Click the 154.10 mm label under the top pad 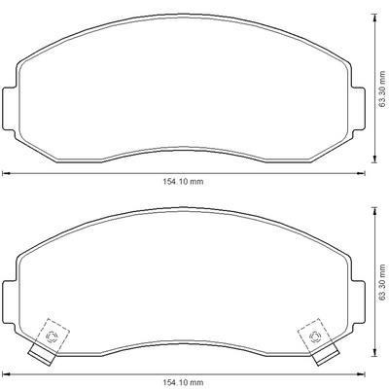coord(183,182)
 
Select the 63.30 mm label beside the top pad coord(382,88)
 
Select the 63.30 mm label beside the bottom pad coord(382,282)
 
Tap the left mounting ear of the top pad coord(9,109)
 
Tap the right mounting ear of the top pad coord(359,109)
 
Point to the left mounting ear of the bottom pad coord(9,302)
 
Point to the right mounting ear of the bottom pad coord(359,302)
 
